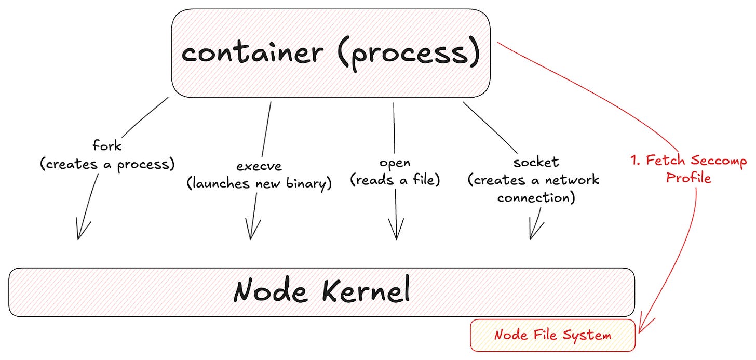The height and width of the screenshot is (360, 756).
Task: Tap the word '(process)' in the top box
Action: (408, 54)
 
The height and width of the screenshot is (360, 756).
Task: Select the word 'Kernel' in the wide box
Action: (366, 291)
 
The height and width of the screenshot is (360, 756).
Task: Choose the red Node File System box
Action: (552, 336)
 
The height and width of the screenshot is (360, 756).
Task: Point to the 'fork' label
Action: (106, 146)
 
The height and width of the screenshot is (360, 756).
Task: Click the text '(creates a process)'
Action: (107, 164)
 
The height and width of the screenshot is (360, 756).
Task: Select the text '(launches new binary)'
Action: (259, 183)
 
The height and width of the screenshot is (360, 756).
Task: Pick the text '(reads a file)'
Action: (395, 180)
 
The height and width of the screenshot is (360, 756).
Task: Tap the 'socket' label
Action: (536, 163)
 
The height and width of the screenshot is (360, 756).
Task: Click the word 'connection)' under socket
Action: (536, 198)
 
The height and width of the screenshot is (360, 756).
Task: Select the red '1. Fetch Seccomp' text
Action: (688, 161)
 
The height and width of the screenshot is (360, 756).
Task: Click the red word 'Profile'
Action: (688, 178)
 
